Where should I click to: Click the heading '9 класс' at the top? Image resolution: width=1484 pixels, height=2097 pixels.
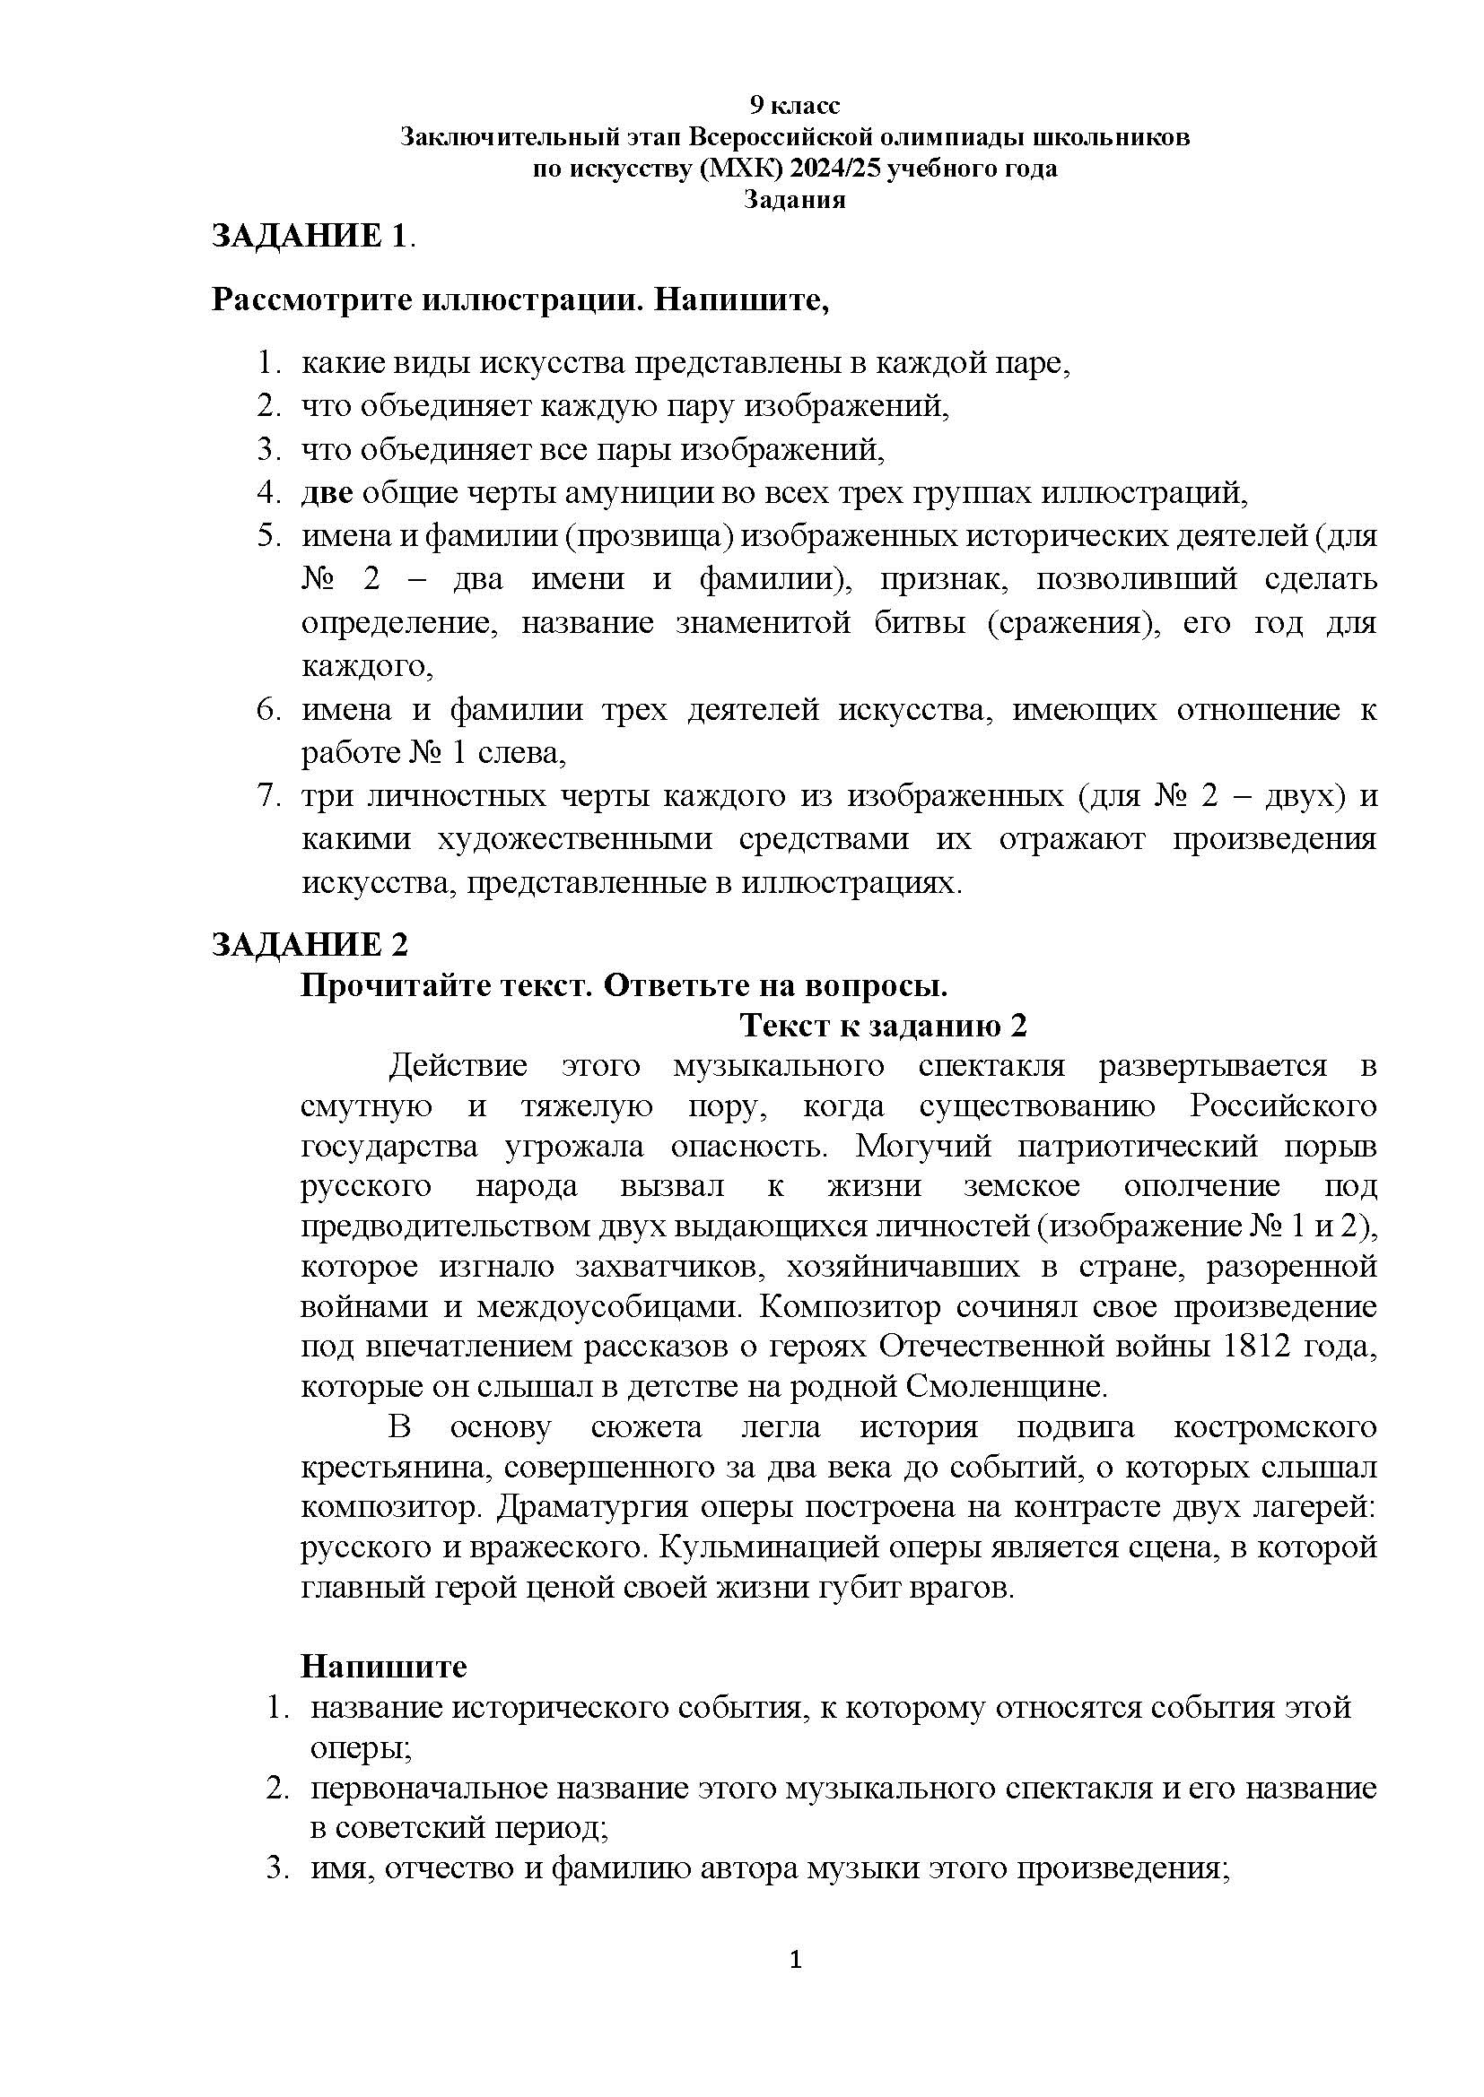pos(794,106)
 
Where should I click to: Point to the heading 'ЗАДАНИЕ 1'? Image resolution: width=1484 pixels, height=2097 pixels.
pos(308,236)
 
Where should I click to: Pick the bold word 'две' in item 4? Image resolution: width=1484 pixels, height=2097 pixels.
pos(327,493)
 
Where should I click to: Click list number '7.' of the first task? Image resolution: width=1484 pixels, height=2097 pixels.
pos(268,796)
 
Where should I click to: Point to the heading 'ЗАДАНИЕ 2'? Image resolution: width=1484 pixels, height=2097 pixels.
pos(310,944)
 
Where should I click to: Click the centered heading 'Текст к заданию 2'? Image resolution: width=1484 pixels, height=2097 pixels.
pos(884,1026)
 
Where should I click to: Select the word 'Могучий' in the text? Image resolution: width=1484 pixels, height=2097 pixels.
pos(937,1145)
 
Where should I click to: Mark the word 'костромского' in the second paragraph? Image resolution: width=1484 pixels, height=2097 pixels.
pos(1275,1426)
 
